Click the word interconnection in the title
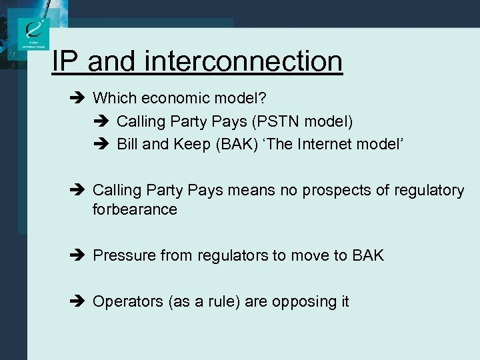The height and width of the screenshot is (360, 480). (x=243, y=62)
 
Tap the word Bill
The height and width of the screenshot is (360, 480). (x=129, y=144)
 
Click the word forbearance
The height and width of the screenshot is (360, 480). (x=135, y=209)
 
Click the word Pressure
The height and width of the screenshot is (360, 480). (x=123, y=255)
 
